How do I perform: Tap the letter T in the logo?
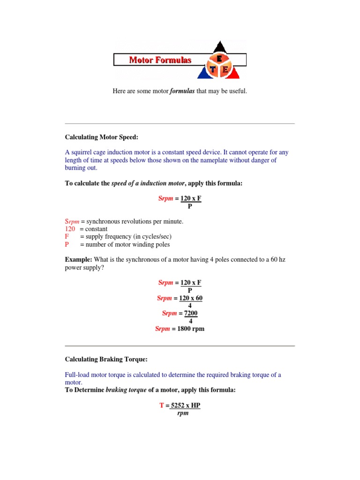[x=215, y=69]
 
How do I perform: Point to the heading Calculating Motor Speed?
[x=102, y=137]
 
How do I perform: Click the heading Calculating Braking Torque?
[x=106, y=360]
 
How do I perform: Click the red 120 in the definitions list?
[x=69, y=229]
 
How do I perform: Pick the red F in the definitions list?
[x=67, y=237]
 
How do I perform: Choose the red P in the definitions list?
[x=67, y=244]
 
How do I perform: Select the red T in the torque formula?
[x=162, y=405]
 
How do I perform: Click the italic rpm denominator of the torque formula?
[x=182, y=413]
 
